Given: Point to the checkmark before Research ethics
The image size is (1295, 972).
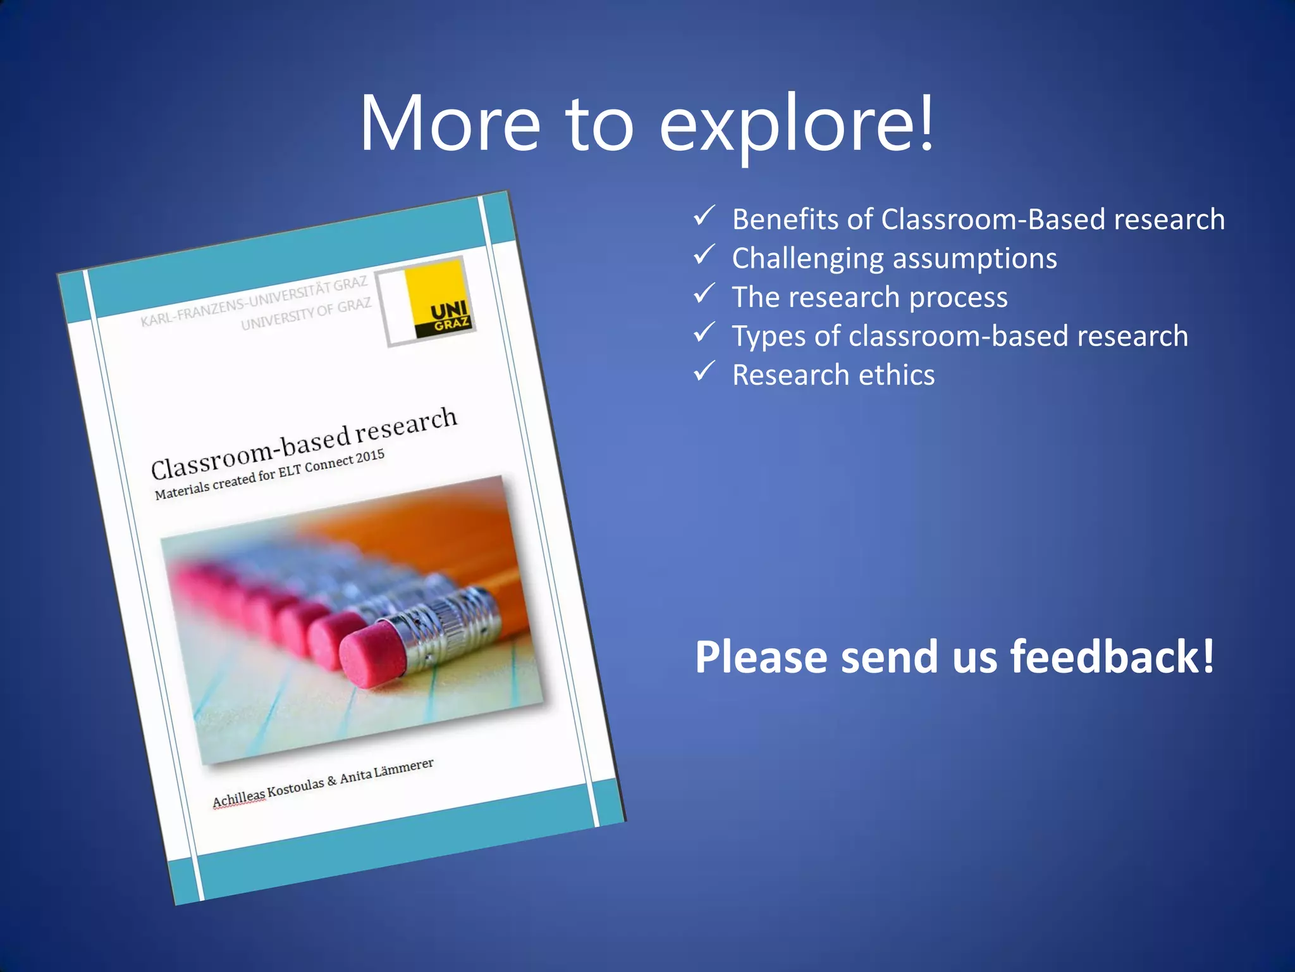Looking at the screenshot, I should point(704,371).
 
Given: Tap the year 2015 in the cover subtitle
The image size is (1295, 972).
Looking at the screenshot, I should point(371,456).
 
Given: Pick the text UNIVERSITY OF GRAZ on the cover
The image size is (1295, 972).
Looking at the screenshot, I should point(306,314).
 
